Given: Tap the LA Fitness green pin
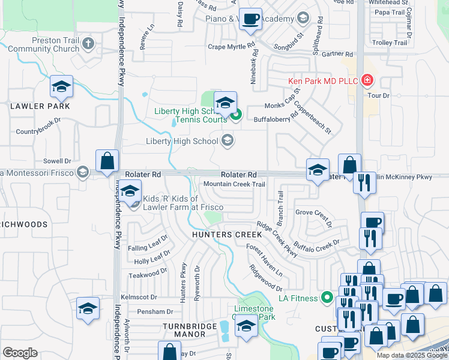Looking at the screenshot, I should pos(327,296).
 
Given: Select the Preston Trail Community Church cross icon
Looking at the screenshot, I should pos(88,43).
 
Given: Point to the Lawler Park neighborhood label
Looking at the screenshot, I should pos(40,106).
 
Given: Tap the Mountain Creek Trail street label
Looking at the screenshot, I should pos(234,184).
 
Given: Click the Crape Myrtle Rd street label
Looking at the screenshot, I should pos(232,46).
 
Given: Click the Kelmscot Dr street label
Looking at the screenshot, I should pos(138,297).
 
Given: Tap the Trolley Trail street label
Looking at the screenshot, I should pos(390,43).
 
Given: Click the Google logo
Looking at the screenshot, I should pos(20,352).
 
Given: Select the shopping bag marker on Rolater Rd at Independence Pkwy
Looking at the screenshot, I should pos(107,162).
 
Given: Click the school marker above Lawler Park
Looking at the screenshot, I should pos(61,87).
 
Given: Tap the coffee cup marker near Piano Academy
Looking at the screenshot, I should pos(250,19).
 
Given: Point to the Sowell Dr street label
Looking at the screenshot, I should pos(58,161).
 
